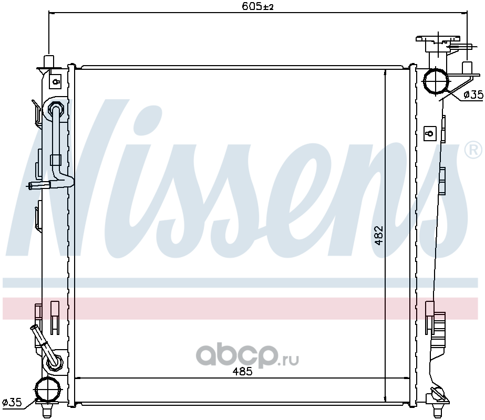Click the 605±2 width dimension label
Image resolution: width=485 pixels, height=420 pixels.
257,6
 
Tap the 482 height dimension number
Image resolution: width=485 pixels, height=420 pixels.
379,236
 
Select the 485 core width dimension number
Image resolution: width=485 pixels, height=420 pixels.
243,371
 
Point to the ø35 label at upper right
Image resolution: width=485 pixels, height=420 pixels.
473,94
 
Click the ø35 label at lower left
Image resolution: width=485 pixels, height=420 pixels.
12,402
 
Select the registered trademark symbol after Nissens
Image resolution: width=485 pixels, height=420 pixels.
473,151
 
